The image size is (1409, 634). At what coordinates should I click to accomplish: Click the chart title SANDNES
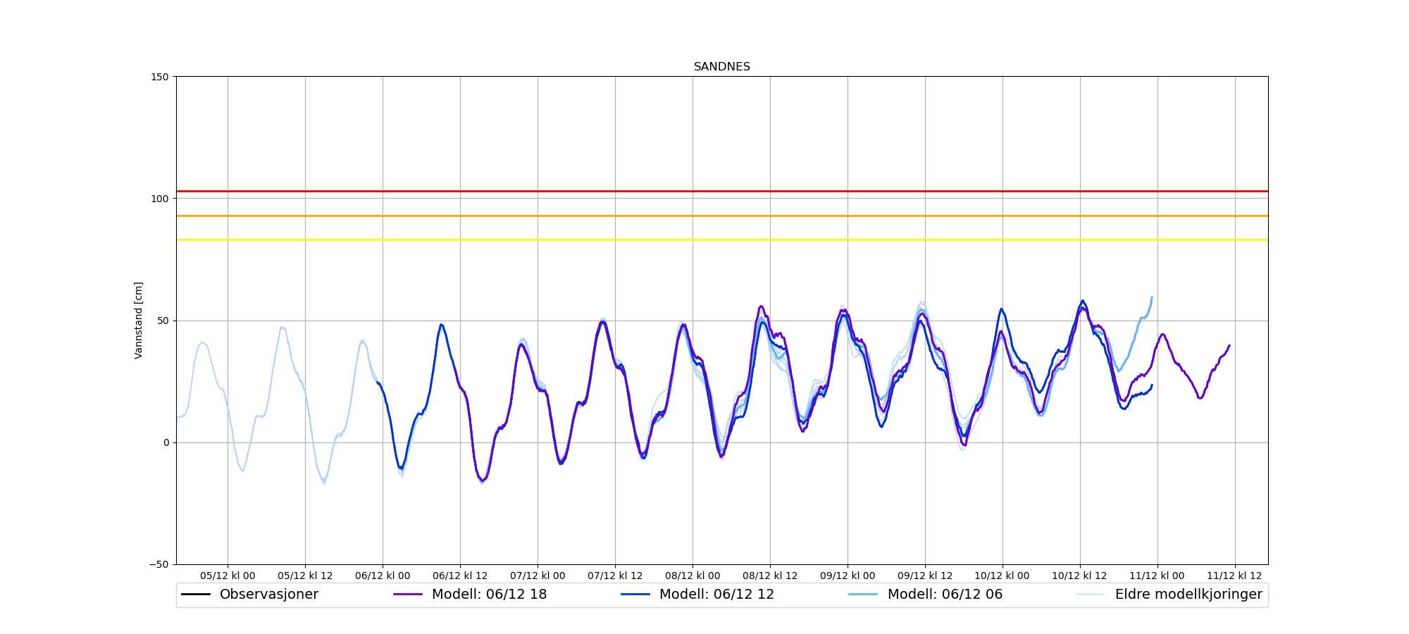tap(721, 67)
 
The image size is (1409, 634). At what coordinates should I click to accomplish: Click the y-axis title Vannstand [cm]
tap(139, 321)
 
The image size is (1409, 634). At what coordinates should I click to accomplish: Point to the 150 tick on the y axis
tap(161, 77)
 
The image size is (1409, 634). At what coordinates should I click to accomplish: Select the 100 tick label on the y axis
tap(161, 199)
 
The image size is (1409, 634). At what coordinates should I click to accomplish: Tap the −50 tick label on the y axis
tap(159, 564)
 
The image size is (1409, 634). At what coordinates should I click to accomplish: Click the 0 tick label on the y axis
tap(166, 442)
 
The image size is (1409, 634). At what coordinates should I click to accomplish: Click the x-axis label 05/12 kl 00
tap(228, 576)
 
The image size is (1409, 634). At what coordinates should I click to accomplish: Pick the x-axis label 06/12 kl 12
tap(460, 576)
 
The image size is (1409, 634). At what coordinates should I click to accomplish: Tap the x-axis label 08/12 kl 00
tap(693, 576)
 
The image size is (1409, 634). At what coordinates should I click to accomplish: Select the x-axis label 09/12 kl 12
tap(925, 576)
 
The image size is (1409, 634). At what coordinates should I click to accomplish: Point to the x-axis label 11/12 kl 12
tap(1235, 576)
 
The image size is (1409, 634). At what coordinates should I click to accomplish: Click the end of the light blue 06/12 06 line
tap(1152, 297)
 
